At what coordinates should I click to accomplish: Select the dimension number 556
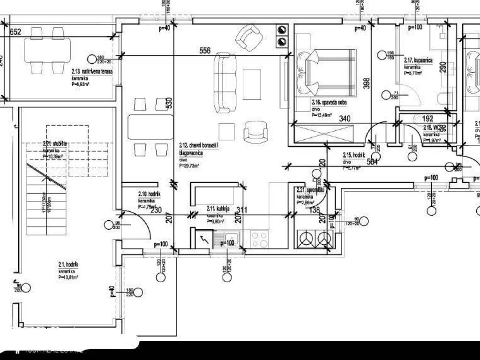pos(205,51)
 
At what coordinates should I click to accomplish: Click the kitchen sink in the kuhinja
pos(231,240)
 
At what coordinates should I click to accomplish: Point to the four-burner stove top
pos(260,240)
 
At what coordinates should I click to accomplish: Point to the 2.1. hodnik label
pos(68,265)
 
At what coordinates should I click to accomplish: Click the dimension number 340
pos(345,119)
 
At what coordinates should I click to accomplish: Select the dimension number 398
pos(367,83)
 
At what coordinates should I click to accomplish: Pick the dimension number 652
pos(16,32)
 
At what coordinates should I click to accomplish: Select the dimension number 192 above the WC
pos(427,119)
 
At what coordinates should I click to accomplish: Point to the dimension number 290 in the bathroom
pos(443,67)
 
